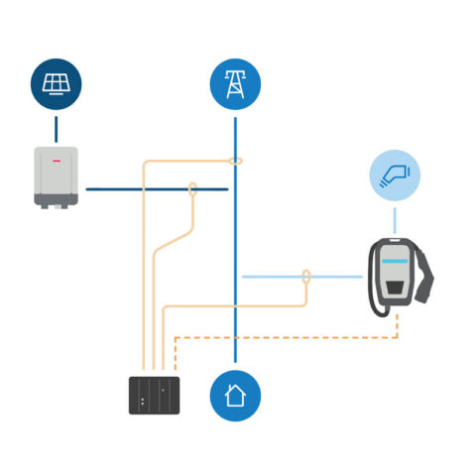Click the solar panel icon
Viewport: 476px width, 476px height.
coord(56,83)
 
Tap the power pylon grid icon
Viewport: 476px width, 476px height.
coord(235,83)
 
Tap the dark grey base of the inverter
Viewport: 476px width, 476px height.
coord(57,199)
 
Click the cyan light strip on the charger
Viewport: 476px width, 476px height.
coord(395,261)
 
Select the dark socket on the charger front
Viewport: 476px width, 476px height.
coord(395,287)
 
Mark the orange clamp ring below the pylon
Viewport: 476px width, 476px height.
coord(235,160)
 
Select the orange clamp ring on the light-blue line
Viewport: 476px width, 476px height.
coord(306,276)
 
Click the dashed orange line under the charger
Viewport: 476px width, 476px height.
coord(288,338)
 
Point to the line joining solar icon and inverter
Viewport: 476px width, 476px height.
coord(56,127)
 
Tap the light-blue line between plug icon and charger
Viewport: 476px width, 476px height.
coord(395,217)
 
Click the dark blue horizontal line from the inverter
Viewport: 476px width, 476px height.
coord(139,188)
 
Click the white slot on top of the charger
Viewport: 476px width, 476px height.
coord(395,242)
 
